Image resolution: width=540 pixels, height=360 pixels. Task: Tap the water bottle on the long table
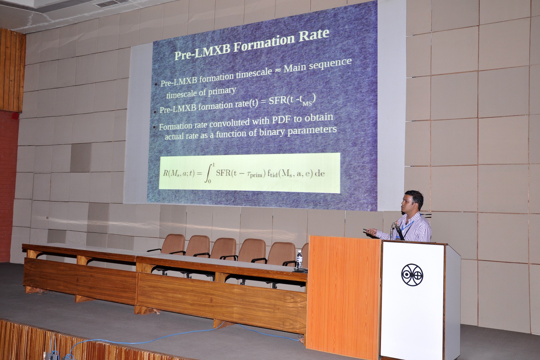299,259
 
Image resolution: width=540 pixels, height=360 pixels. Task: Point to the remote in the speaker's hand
367,230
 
